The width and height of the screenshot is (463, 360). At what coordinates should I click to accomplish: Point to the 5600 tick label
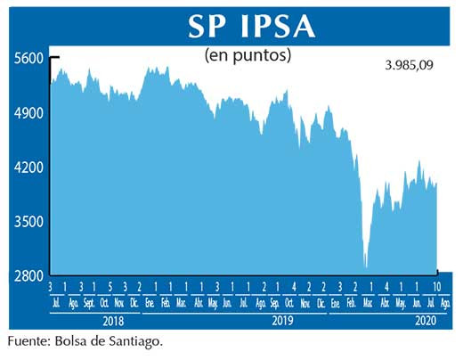click(x=28, y=58)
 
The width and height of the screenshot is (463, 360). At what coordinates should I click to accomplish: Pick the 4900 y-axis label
click(x=28, y=113)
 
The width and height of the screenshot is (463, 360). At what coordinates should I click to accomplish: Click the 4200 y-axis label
click(x=28, y=168)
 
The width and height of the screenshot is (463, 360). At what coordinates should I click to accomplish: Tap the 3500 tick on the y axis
click(x=28, y=222)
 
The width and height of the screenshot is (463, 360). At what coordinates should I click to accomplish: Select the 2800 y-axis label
click(x=28, y=276)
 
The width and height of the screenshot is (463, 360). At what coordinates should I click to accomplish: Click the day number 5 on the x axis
click(x=110, y=287)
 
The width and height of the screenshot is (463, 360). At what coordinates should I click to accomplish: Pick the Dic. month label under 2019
click(x=321, y=303)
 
